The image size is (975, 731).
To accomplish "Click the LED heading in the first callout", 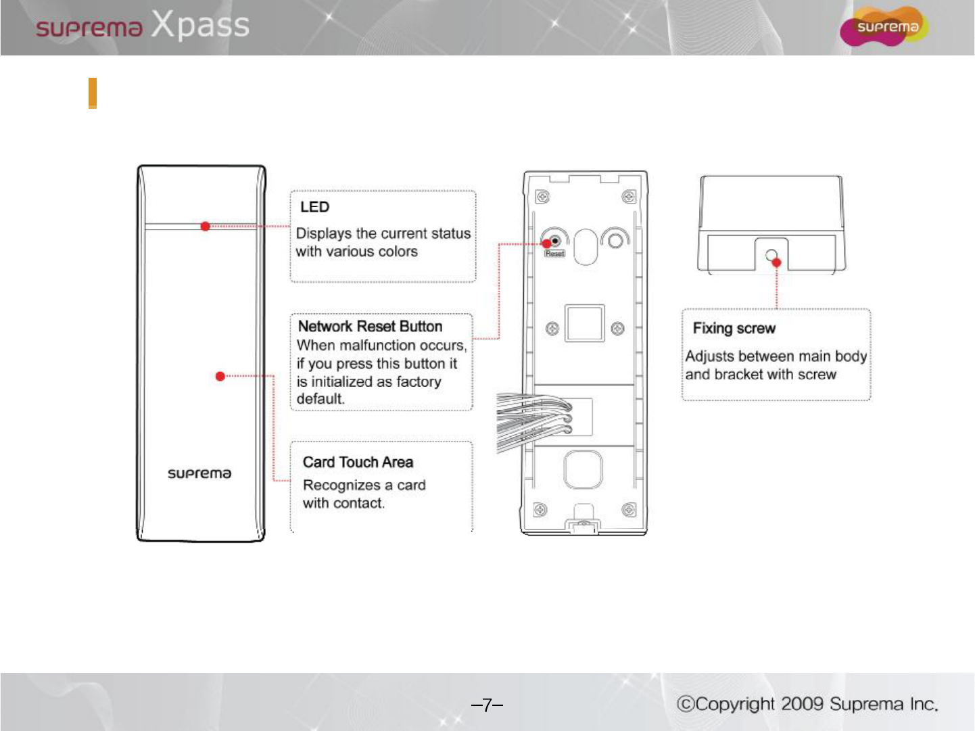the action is click(315, 207).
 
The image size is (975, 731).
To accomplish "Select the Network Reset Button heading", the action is click(370, 327).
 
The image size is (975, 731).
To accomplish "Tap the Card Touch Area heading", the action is click(358, 463).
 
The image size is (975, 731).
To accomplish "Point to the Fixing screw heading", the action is click(734, 329).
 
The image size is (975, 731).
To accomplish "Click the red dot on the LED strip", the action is click(206, 227).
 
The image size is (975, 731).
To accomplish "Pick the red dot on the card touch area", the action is click(220, 376).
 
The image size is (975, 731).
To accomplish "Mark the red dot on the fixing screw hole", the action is click(776, 262).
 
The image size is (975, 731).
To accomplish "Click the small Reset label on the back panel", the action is click(554, 254).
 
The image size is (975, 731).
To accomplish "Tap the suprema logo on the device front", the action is click(199, 473).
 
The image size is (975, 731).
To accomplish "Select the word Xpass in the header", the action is click(200, 26).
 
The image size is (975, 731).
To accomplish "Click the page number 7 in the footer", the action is click(487, 705).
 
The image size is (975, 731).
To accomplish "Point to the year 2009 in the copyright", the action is click(803, 704).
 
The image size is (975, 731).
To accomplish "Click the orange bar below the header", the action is click(93, 93).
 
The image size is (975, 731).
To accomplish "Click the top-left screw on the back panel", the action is click(542, 197).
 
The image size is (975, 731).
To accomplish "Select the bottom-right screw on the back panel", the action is click(628, 509).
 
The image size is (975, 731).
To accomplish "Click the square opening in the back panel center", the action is click(585, 324).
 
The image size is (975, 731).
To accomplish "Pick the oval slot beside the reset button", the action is click(585, 246).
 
